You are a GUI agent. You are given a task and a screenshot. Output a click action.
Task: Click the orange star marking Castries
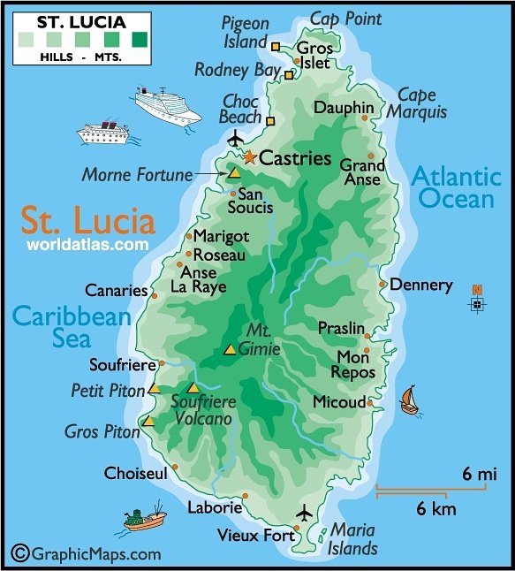(249, 158)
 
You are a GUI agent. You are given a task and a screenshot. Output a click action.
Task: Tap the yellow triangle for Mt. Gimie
(230, 350)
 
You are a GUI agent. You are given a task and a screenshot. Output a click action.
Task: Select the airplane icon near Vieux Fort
(305, 514)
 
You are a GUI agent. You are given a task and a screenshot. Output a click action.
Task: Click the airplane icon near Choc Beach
(235, 139)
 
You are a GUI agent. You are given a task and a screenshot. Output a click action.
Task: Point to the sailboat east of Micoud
(409, 400)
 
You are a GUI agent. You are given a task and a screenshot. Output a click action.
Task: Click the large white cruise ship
(168, 105)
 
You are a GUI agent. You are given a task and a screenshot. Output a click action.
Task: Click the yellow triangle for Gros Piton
(148, 422)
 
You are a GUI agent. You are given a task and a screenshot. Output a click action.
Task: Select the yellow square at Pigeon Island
(276, 46)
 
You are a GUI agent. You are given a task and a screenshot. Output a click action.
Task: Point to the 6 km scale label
(436, 509)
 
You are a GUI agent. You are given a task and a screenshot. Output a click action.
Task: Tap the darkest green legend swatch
(140, 38)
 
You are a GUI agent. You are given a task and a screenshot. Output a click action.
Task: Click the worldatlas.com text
(87, 243)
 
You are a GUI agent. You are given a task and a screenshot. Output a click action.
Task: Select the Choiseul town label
(135, 474)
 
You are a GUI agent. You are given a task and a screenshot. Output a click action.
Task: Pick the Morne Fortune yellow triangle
(233, 173)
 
